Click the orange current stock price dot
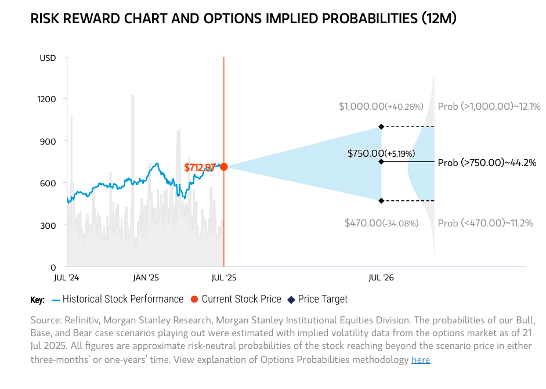click(x=224, y=167)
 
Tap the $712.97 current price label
click(x=200, y=167)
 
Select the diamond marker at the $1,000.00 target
click(x=381, y=127)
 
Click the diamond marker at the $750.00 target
click(x=381, y=161)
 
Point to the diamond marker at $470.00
click(x=381, y=201)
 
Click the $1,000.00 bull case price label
click(x=381, y=107)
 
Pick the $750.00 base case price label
click(x=378, y=154)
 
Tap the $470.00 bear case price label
click(x=381, y=223)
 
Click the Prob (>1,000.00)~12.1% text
click(x=489, y=107)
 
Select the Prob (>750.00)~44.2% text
click(x=487, y=163)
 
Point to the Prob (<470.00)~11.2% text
click(x=485, y=223)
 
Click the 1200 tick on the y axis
click(x=47, y=99)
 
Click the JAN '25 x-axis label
click(x=146, y=278)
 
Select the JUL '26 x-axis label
click(x=381, y=278)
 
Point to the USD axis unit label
click(x=48, y=58)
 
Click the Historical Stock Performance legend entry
click(x=122, y=300)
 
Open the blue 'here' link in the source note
click(x=421, y=361)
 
